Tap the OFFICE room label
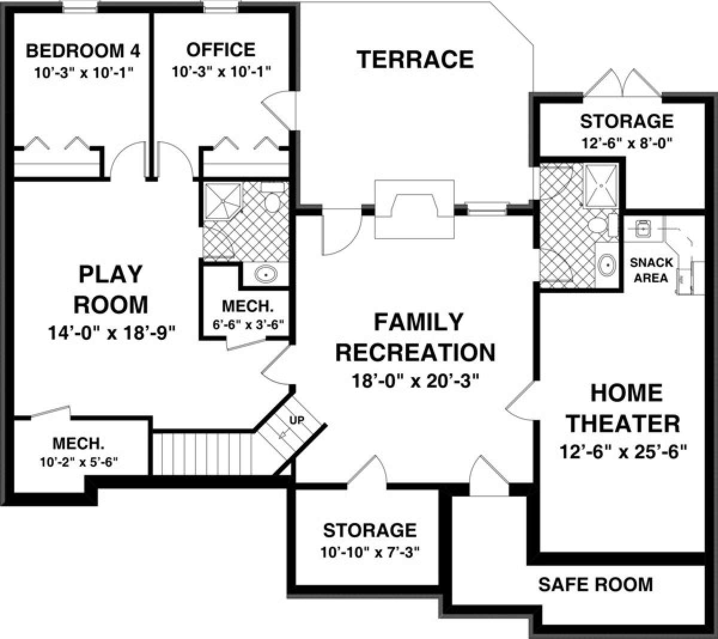221,49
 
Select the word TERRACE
415,60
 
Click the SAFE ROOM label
595,583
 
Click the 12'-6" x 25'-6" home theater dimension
623,450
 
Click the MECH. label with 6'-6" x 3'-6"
247,307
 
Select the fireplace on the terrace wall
413,207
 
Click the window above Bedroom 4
80,8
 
